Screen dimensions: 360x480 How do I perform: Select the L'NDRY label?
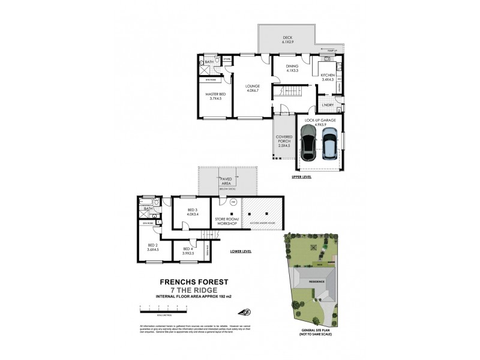tap(327, 106)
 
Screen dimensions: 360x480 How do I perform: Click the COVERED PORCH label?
tap(284, 141)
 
